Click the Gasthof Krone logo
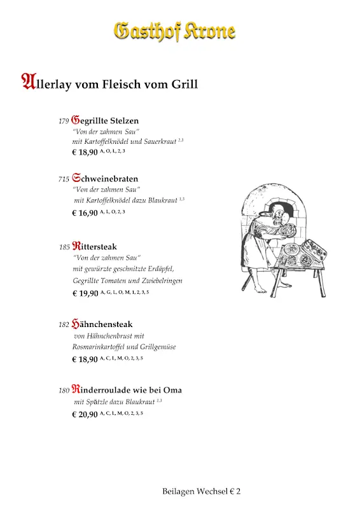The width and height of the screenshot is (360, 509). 174,31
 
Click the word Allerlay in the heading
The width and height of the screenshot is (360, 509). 46,83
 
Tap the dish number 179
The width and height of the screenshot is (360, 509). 63,121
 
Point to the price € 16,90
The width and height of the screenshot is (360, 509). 85,213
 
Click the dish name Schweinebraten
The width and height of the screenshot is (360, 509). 105,179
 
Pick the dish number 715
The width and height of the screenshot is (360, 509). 63,179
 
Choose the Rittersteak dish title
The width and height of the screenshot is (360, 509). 95,246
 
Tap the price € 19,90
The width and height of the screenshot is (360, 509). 85,293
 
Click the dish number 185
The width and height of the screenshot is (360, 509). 64,247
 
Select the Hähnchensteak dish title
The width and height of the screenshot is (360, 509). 102,324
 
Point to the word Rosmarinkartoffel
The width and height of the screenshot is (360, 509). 99,347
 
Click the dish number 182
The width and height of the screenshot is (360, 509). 64,324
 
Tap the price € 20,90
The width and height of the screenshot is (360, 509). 85,414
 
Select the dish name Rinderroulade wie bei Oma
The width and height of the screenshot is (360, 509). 127,389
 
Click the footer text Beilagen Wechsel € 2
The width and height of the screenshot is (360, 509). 201,491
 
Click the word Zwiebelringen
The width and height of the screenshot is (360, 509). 161,281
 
